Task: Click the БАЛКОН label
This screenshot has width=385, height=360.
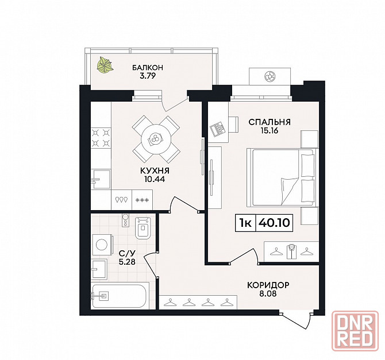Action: click(x=147, y=67)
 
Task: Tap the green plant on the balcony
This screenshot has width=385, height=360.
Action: click(x=105, y=65)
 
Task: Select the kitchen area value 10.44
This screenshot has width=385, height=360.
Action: click(x=155, y=179)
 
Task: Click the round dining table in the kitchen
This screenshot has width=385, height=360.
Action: click(x=155, y=140)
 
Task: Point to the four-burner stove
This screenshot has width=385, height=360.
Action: click(x=101, y=138)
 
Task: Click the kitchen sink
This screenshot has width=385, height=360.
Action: click(x=101, y=179)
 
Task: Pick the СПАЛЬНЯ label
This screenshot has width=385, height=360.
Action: click(x=269, y=122)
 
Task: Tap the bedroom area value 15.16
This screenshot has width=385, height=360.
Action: click(x=269, y=130)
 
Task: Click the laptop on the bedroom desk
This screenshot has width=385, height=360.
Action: click(x=218, y=129)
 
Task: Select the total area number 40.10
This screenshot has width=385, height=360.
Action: click(x=274, y=223)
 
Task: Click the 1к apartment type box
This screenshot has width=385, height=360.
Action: click(x=245, y=223)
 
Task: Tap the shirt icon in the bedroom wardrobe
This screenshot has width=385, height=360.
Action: click(x=290, y=251)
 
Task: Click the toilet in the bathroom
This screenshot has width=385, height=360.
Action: click(x=143, y=228)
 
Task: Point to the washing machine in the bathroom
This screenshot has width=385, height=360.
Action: click(x=102, y=245)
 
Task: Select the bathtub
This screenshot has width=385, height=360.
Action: click(x=119, y=296)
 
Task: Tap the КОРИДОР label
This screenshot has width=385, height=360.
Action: click(x=268, y=285)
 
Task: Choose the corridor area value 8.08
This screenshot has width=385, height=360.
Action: click(x=268, y=293)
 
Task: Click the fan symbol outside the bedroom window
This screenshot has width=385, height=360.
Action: click(x=269, y=76)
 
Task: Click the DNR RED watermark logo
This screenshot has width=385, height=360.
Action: click(x=355, y=331)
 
